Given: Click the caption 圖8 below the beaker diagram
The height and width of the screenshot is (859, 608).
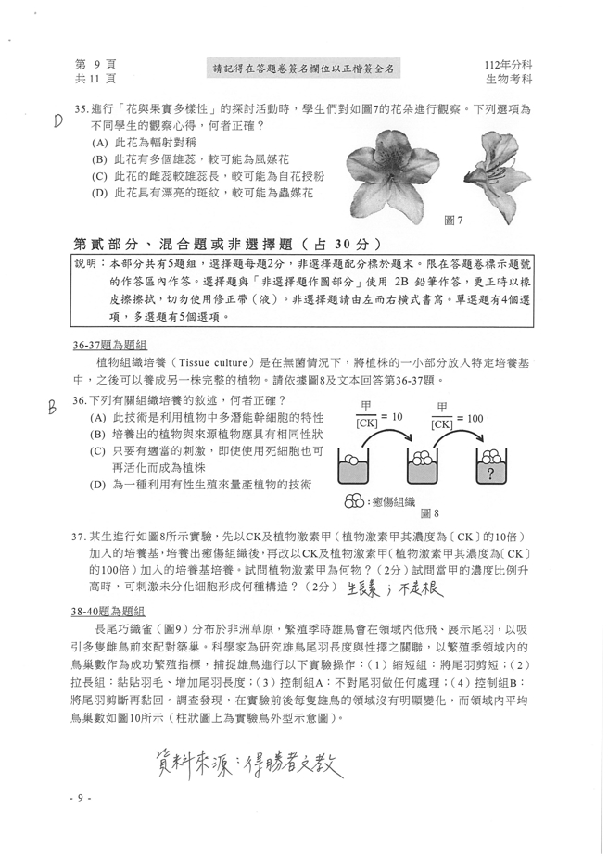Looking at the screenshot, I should tap(429, 512).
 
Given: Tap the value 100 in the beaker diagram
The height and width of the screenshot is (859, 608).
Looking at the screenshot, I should tap(474, 418).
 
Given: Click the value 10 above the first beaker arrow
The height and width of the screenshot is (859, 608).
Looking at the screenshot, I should tap(397, 418).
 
